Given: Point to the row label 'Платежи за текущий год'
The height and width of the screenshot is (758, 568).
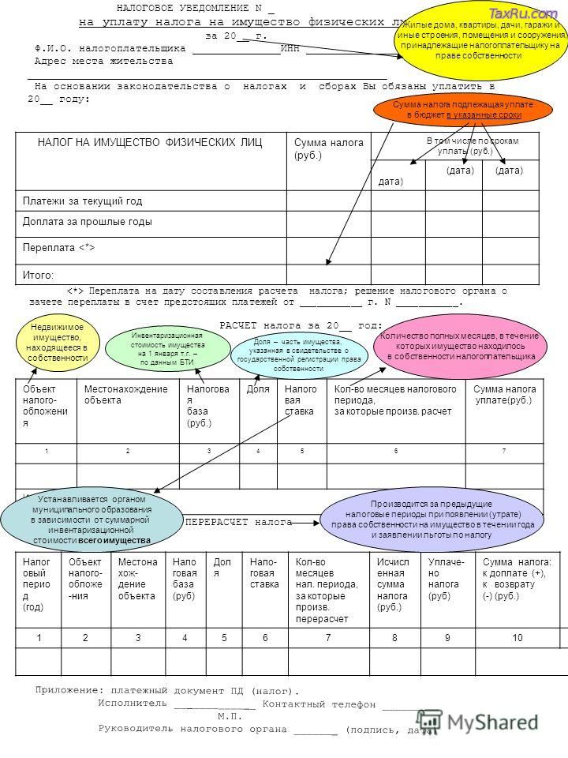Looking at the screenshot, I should pyautogui.click(x=82, y=201).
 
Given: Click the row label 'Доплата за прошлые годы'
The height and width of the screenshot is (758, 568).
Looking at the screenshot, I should pyautogui.click(x=88, y=222).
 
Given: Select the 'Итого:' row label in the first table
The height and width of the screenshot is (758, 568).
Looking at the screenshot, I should pyautogui.click(x=39, y=273).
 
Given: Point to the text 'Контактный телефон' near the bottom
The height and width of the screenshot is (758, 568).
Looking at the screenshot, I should pyautogui.click(x=319, y=702).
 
